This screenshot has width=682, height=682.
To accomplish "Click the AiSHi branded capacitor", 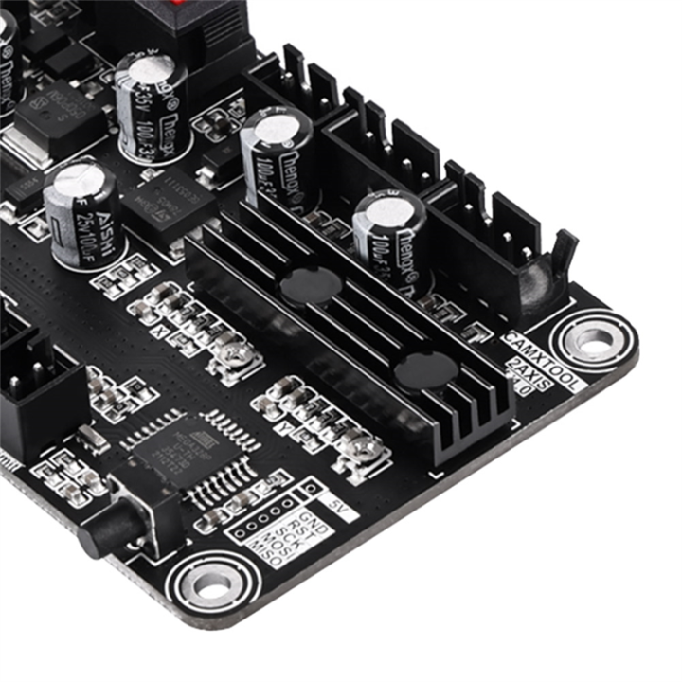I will pyautogui.click(x=81, y=216).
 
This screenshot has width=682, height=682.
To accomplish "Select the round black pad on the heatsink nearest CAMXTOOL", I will pyautogui.click(x=424, y=370).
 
